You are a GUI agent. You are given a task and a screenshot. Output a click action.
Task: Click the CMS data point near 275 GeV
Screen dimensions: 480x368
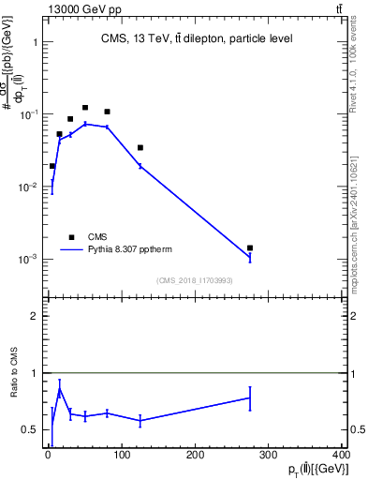pyautogui.click(x=250, y=248)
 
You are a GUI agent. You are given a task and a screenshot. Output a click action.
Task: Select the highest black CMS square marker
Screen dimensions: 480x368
pyautogui.click(x=85, y=108)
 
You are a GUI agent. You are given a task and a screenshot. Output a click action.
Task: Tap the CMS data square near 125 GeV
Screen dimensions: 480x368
pyautogui.click(x=140, y=147)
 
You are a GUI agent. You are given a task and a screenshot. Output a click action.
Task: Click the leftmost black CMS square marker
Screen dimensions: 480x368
pyautogui.click(x=52, y=166)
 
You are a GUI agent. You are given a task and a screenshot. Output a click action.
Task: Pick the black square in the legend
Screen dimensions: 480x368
pyautogui.click(x=71, y=237)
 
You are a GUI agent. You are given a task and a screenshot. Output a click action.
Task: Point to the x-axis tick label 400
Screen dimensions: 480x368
pyautogui.click(x=341, y=456)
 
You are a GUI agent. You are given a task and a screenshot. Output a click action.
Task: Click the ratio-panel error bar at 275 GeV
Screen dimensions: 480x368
pyautogui.click(x=250, y=397)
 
